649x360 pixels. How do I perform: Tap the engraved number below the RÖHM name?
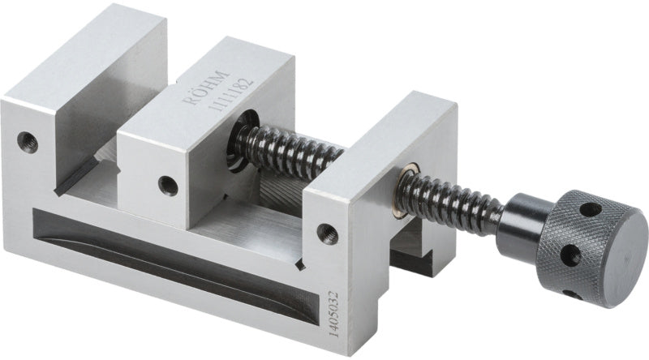(230, 94)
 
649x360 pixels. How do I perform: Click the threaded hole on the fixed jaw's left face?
(28, 143)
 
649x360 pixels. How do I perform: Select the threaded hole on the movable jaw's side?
(168, 186)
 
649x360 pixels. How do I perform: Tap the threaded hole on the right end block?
(328, 234)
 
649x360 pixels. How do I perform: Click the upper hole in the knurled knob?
(591, 210)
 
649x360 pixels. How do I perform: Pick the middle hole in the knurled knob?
(570, 254)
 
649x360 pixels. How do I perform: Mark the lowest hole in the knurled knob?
(574, 294)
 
